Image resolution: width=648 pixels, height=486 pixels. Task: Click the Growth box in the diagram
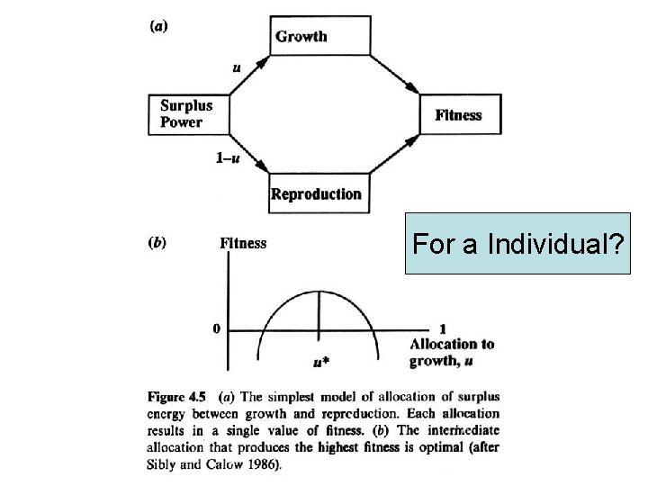(x=319, y=36)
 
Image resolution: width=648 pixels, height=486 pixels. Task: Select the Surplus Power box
(x=186, y=114)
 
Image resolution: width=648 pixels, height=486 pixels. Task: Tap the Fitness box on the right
(x=458, y=115)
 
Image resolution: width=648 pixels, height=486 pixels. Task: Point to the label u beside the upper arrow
(x=237, y=66)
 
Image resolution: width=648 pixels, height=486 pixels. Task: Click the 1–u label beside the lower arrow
(x=229, y=158)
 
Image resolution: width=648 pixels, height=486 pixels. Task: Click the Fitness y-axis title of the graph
(x=243, y=243)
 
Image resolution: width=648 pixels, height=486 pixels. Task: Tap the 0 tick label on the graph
(x=216, y=329)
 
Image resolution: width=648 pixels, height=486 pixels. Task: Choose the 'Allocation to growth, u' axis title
(x=451, y=352)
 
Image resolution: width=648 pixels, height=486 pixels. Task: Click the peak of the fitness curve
(x=318, y=292)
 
